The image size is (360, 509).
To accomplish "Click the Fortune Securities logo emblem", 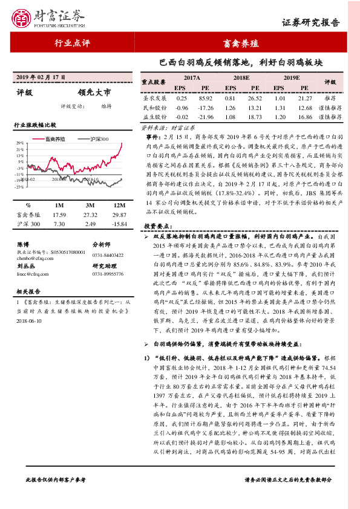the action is (25, 18).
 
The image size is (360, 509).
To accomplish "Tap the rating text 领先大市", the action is (94, 93).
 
